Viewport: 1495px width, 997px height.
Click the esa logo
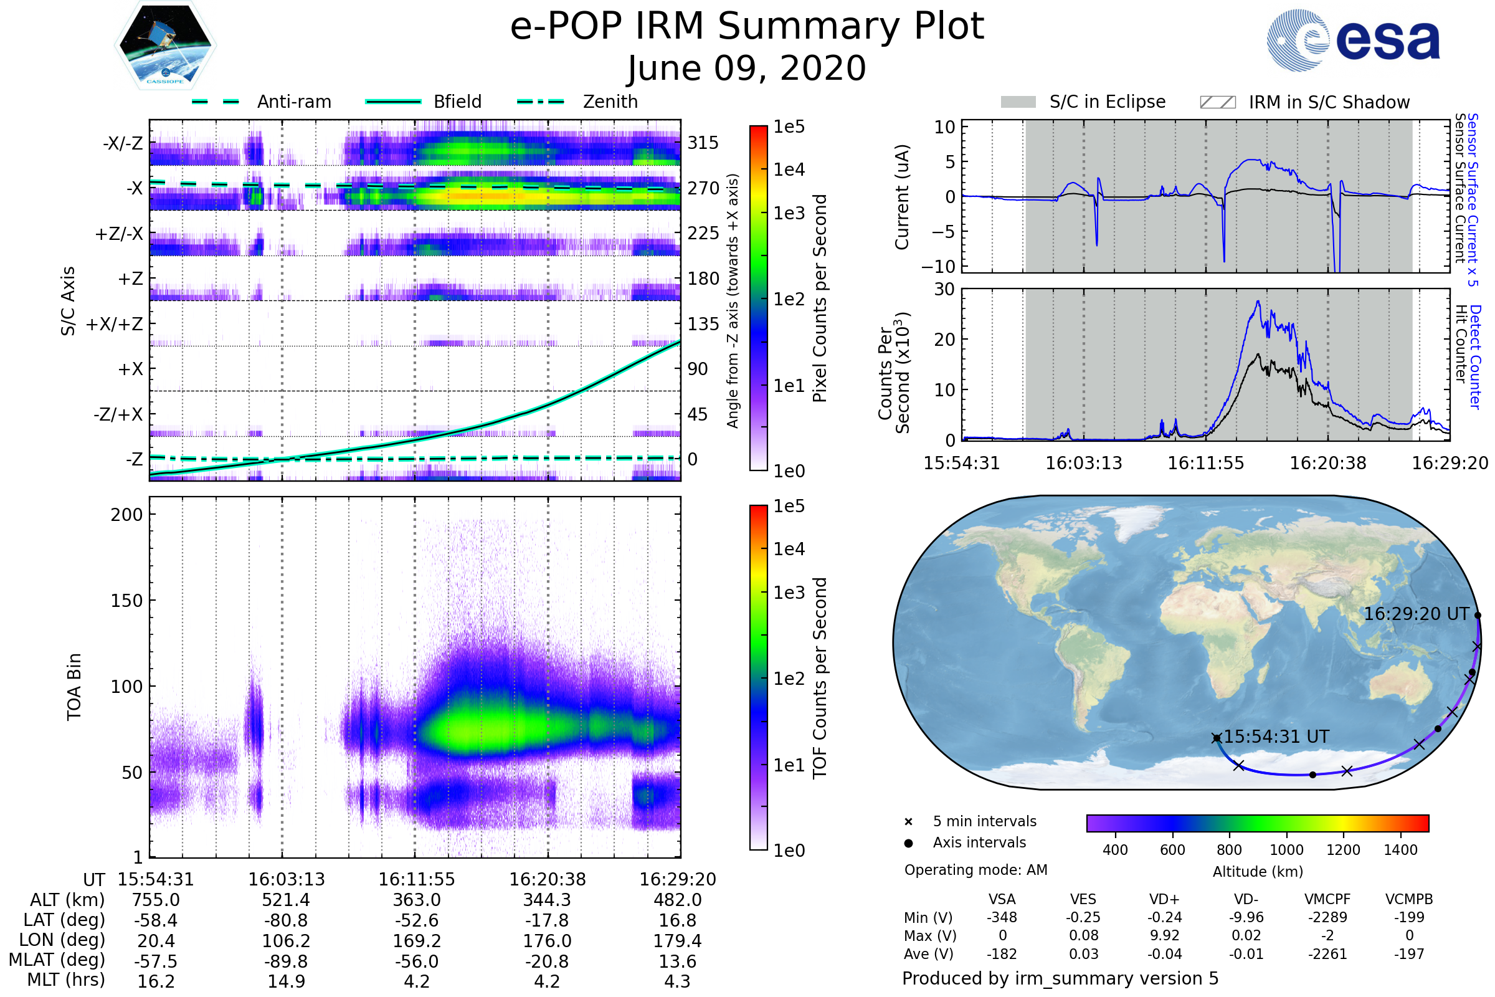pos(1353,40)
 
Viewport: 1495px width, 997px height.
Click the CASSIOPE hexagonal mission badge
pos(165,44)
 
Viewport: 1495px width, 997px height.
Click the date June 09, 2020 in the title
pos(747,68)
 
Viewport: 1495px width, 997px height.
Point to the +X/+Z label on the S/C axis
pos(115,324)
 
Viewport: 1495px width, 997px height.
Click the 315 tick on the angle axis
pos(703,143)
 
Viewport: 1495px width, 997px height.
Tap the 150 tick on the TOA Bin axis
pos(126,601)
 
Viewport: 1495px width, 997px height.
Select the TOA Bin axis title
pos(74,686)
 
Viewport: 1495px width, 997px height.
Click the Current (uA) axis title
pos(902,197)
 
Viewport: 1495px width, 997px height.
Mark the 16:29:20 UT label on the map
pos(1416,614)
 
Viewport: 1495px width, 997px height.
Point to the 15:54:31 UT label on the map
pos(1276,737)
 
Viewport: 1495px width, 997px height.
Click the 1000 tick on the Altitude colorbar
pos(1286,850)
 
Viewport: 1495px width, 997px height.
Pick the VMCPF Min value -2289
pos(1327,917)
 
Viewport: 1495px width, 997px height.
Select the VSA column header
pos(1002,899)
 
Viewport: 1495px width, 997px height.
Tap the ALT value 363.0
pos(416,900)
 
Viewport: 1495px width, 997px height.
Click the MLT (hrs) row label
pos(65,980)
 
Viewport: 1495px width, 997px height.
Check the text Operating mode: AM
pos(975,870)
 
